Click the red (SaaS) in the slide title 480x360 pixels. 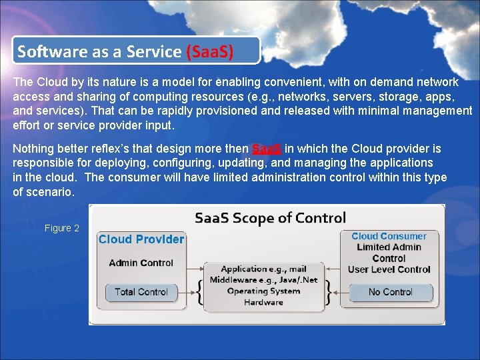[210, 51]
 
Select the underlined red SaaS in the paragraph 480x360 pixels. [266, 148]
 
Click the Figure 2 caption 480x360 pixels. [62, 228]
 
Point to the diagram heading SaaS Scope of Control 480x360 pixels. [270, 218]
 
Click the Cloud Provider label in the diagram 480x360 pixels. [141, 239]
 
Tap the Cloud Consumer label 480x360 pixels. [389, 236]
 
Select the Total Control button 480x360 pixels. [141, 292]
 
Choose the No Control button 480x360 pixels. [391, 292]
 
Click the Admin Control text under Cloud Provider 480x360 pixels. [141, 263]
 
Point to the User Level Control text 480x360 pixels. [389, 269]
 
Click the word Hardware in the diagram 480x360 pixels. [263, 302]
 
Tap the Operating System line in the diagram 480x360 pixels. [263, 291]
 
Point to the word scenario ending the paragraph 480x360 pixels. [51, 191]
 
